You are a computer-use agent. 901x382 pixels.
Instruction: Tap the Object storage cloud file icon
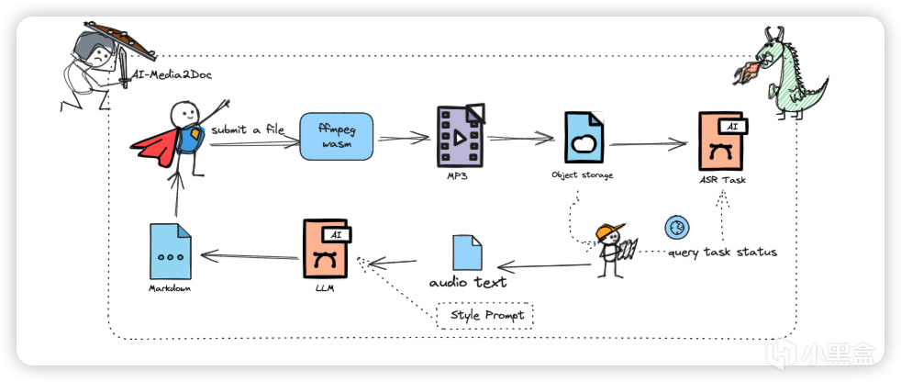pos(583,139)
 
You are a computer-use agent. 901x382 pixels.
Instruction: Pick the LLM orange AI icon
pos(327,248)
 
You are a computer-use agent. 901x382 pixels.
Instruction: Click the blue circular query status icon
pos(678,227)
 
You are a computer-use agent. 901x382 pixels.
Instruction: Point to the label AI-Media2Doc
pos(173,74)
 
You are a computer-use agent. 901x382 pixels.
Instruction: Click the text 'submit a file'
pos(247,129)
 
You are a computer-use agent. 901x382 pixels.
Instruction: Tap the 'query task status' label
pos(721,252)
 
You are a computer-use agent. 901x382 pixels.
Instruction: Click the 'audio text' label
pos(468,282)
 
